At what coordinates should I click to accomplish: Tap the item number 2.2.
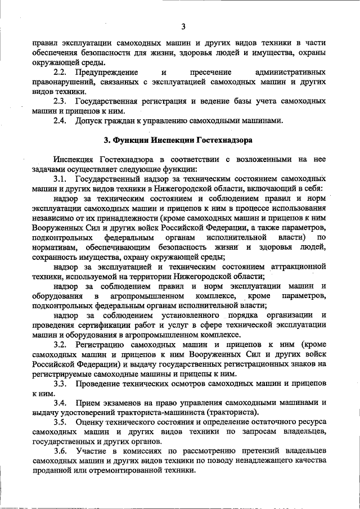60,73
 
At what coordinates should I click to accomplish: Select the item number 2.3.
60,101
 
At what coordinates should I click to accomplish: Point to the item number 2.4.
60,120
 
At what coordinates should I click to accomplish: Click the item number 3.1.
60,178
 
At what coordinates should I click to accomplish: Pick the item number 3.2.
60,344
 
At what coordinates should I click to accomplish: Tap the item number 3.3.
60,383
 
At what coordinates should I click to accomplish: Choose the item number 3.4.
60,403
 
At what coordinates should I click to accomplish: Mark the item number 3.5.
60,422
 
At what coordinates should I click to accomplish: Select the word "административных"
290,73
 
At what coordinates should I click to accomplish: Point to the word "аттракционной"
298,265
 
